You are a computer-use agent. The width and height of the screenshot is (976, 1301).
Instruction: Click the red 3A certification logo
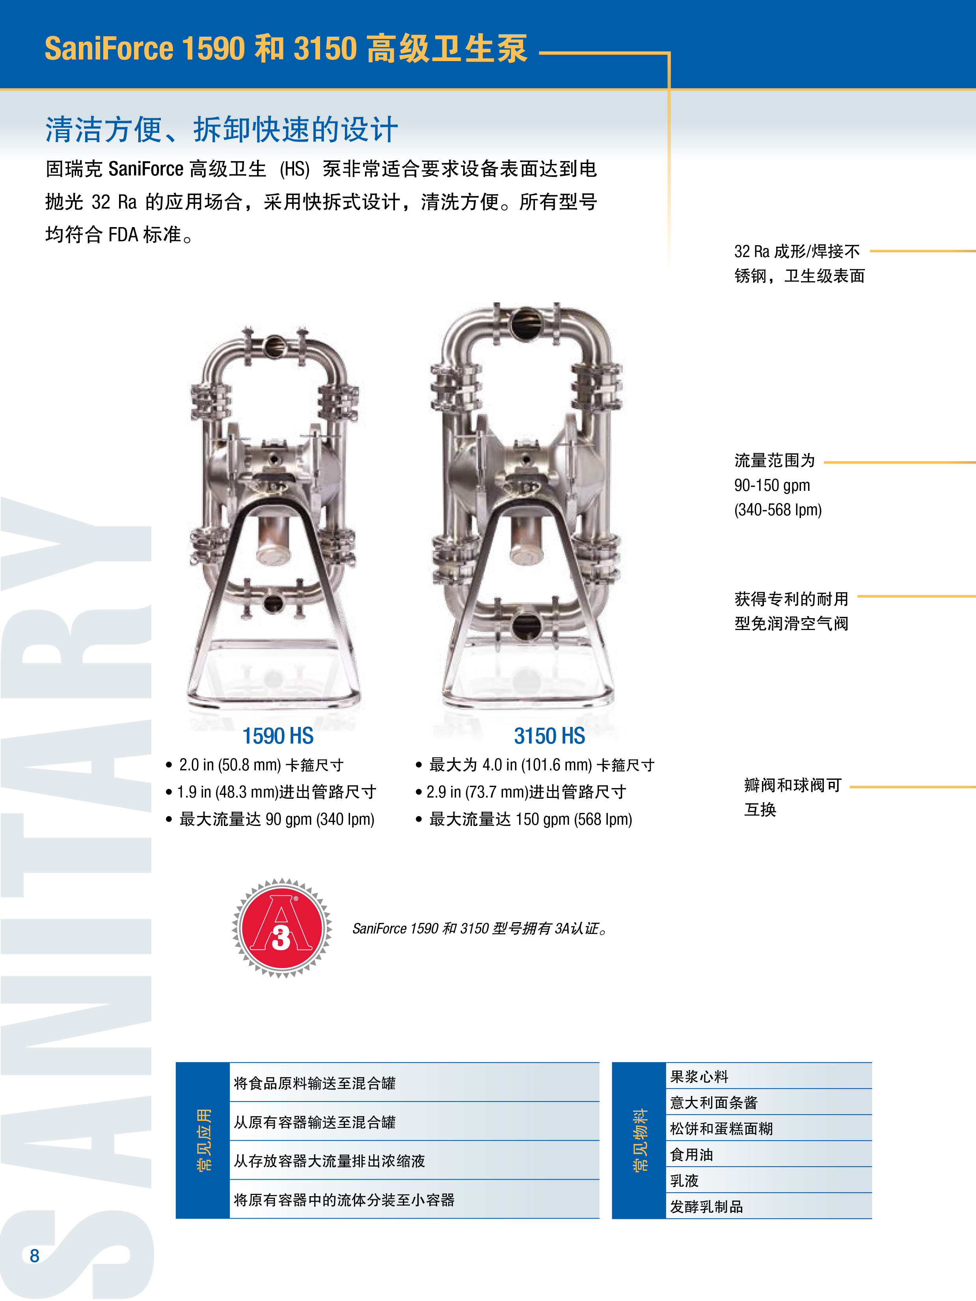(x=281, y=928)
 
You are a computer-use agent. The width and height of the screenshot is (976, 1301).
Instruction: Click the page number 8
(x=34, y=1255)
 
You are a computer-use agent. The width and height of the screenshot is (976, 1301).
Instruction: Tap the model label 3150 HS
(x=549, y=736)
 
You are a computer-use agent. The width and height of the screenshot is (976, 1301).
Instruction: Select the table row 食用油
(x=691, y=1155)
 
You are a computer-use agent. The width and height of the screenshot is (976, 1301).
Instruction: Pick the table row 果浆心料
(x=699, y=1076)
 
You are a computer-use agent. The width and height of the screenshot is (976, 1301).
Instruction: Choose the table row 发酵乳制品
(x=706, y=1206)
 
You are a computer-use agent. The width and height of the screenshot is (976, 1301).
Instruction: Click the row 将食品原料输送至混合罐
(x=315, y=1083)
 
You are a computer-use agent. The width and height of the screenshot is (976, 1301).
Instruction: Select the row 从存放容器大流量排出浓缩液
(x=329, y=1160)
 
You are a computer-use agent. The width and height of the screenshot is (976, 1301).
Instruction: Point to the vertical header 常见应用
(x=203, y=1140)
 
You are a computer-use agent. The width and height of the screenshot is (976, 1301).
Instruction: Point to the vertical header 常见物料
(x=640, y=1140)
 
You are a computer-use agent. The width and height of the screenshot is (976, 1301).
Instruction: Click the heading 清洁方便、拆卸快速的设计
(x=222, y=129)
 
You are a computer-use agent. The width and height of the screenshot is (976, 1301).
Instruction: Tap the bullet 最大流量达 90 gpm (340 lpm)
(x=276, y=819)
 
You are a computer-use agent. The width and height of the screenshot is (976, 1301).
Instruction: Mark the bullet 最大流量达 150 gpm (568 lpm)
(x=530, y=819)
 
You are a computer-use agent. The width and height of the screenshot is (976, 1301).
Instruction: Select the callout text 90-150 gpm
(x=772, y=485)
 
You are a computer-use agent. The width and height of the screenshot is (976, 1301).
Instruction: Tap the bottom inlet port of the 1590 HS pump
(x=274, y=602)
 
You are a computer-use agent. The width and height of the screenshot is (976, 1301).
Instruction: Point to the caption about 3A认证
(x=479, y=928)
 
